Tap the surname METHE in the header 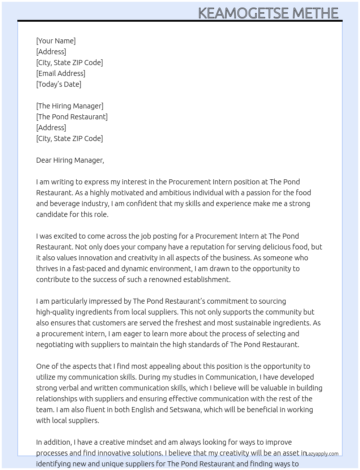pos(315,13)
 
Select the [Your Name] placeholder pos(56,41)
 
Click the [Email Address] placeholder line pos(61,73)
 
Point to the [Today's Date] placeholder pos(59,84)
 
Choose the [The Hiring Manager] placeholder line pos(70,106)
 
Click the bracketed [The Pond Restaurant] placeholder pos(72,117)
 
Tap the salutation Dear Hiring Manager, pos(70,160)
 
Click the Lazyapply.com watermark pos(322,454)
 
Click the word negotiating pos(55,345)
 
